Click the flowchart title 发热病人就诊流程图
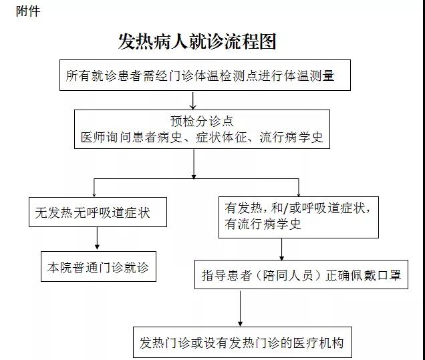[x=197, y=41]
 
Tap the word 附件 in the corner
[x=28, y=11]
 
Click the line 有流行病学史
[x=263, y=224]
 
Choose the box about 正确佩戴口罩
[x=301, y=275]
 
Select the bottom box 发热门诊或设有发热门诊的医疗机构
[x=241, y=343]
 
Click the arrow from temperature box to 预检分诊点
[x=193, y=100]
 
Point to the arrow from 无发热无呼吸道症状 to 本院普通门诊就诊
[x=98, y=238]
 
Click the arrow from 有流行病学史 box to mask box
[x=281, y=249]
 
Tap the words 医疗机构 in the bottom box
[x=318, y=343]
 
